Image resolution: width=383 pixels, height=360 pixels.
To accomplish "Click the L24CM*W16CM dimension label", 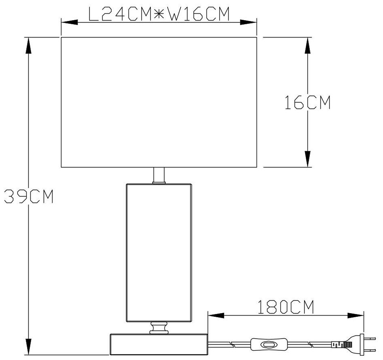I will coord(159,15).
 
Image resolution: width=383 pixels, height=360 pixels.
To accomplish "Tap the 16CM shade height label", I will coord(307,103).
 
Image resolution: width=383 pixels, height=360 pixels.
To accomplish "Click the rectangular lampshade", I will coord(159,102).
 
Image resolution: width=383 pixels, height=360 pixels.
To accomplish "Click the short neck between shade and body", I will coord(159,176).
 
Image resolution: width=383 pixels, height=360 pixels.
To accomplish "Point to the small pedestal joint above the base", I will coord(159,327).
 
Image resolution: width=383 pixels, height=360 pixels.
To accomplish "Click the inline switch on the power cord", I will coord(267,344).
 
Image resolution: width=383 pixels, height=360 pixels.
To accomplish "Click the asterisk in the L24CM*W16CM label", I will coord(159,15).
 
